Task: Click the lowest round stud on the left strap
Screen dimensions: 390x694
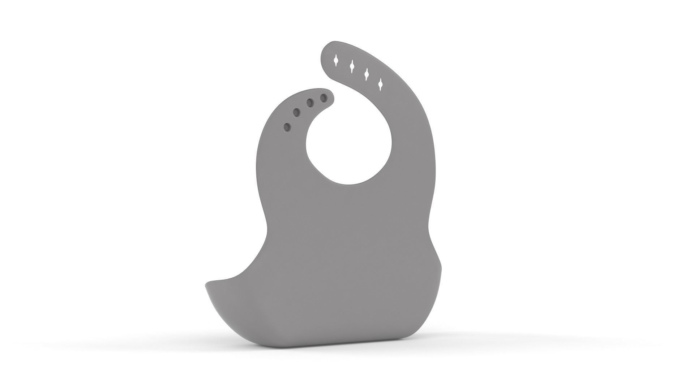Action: coord(287,127)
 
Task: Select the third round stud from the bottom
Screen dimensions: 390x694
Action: coord(310,103)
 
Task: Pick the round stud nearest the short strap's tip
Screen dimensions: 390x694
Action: coord(324,97)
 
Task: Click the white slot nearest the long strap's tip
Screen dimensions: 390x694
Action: coord(336,60)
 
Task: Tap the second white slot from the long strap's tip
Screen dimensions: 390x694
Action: coord(351,66)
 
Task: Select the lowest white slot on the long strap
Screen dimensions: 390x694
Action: coord(380,84)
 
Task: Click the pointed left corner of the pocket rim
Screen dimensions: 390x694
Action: coord(206,284)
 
